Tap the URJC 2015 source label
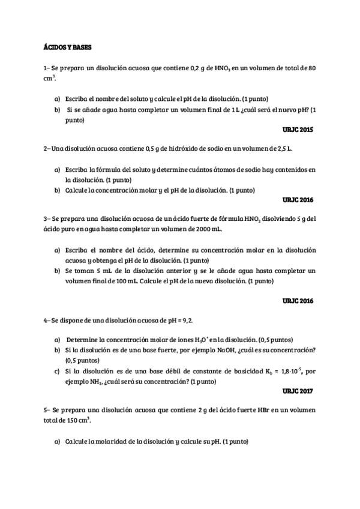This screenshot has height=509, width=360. coord(298,129)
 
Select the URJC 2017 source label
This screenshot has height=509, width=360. coord(298,390)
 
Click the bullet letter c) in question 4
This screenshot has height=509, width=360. coord(57,371)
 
